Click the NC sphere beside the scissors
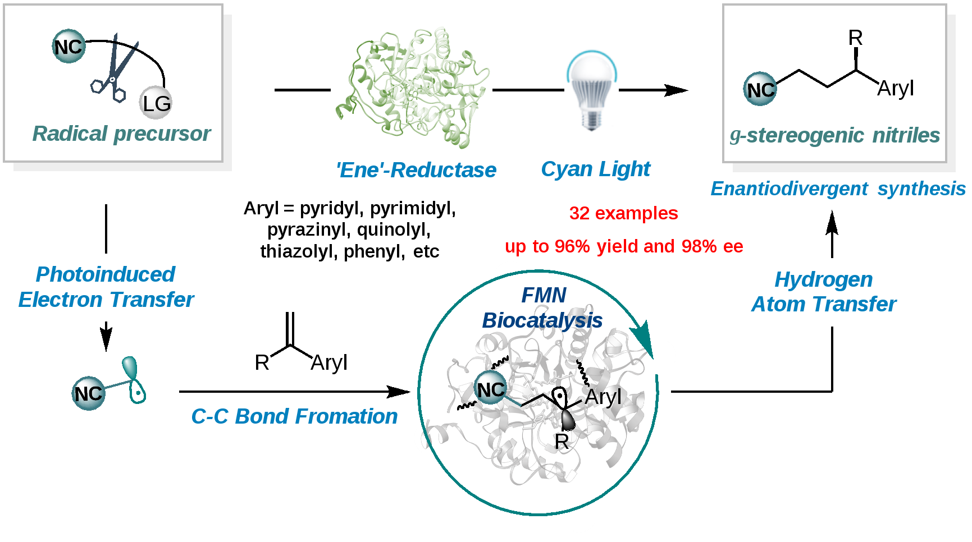coord(69,47)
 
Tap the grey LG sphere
coord(156,103)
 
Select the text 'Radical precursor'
coord(121,134)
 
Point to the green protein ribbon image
coord(411,86)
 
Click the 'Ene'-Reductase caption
coord(416,170)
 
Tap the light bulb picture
coord(591,90)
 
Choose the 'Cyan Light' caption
coord(595,169)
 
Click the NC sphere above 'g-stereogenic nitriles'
coord(760,89)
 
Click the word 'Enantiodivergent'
coord(789,189)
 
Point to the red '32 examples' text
coord(623,213)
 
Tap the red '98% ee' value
coord(712,246)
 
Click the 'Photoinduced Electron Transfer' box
coord(106,287)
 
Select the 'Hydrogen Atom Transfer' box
coord(824,292)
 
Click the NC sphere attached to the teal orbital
coord(88,393)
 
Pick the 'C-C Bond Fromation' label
coord(294,416)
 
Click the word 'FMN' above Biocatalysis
coord(544,295)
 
